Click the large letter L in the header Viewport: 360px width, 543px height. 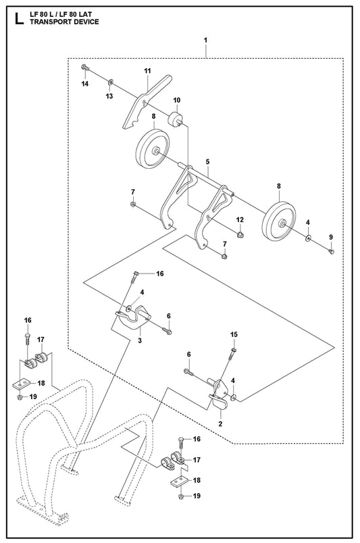coord(19,18)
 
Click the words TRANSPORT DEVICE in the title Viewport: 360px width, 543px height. coord(64,22)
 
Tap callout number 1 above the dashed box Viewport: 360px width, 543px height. coord(205,40)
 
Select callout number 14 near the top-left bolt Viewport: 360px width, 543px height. coord(85,84)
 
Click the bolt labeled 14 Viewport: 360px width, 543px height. coord(84,68)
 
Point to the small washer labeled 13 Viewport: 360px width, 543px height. coord(111,82)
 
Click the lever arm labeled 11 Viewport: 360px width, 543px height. coord(146,102)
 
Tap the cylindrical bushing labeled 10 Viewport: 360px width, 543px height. coord(175,120)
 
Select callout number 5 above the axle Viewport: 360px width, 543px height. coord(207,161)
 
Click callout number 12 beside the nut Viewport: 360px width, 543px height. coord(240,219)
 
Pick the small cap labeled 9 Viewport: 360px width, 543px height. coord(331,251)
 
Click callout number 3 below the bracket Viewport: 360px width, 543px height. coord(140,340)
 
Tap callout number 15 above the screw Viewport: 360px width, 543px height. coord(234,334)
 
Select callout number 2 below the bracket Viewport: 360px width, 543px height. coord(220,423)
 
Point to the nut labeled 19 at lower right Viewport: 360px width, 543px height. coord(180,497)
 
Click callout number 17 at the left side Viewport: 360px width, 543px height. coord(41,339)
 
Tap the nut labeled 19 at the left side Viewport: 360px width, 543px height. coord(20,397)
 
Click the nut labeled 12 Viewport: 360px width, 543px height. coord(239,234)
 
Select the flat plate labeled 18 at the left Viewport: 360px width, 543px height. coord(20,383)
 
